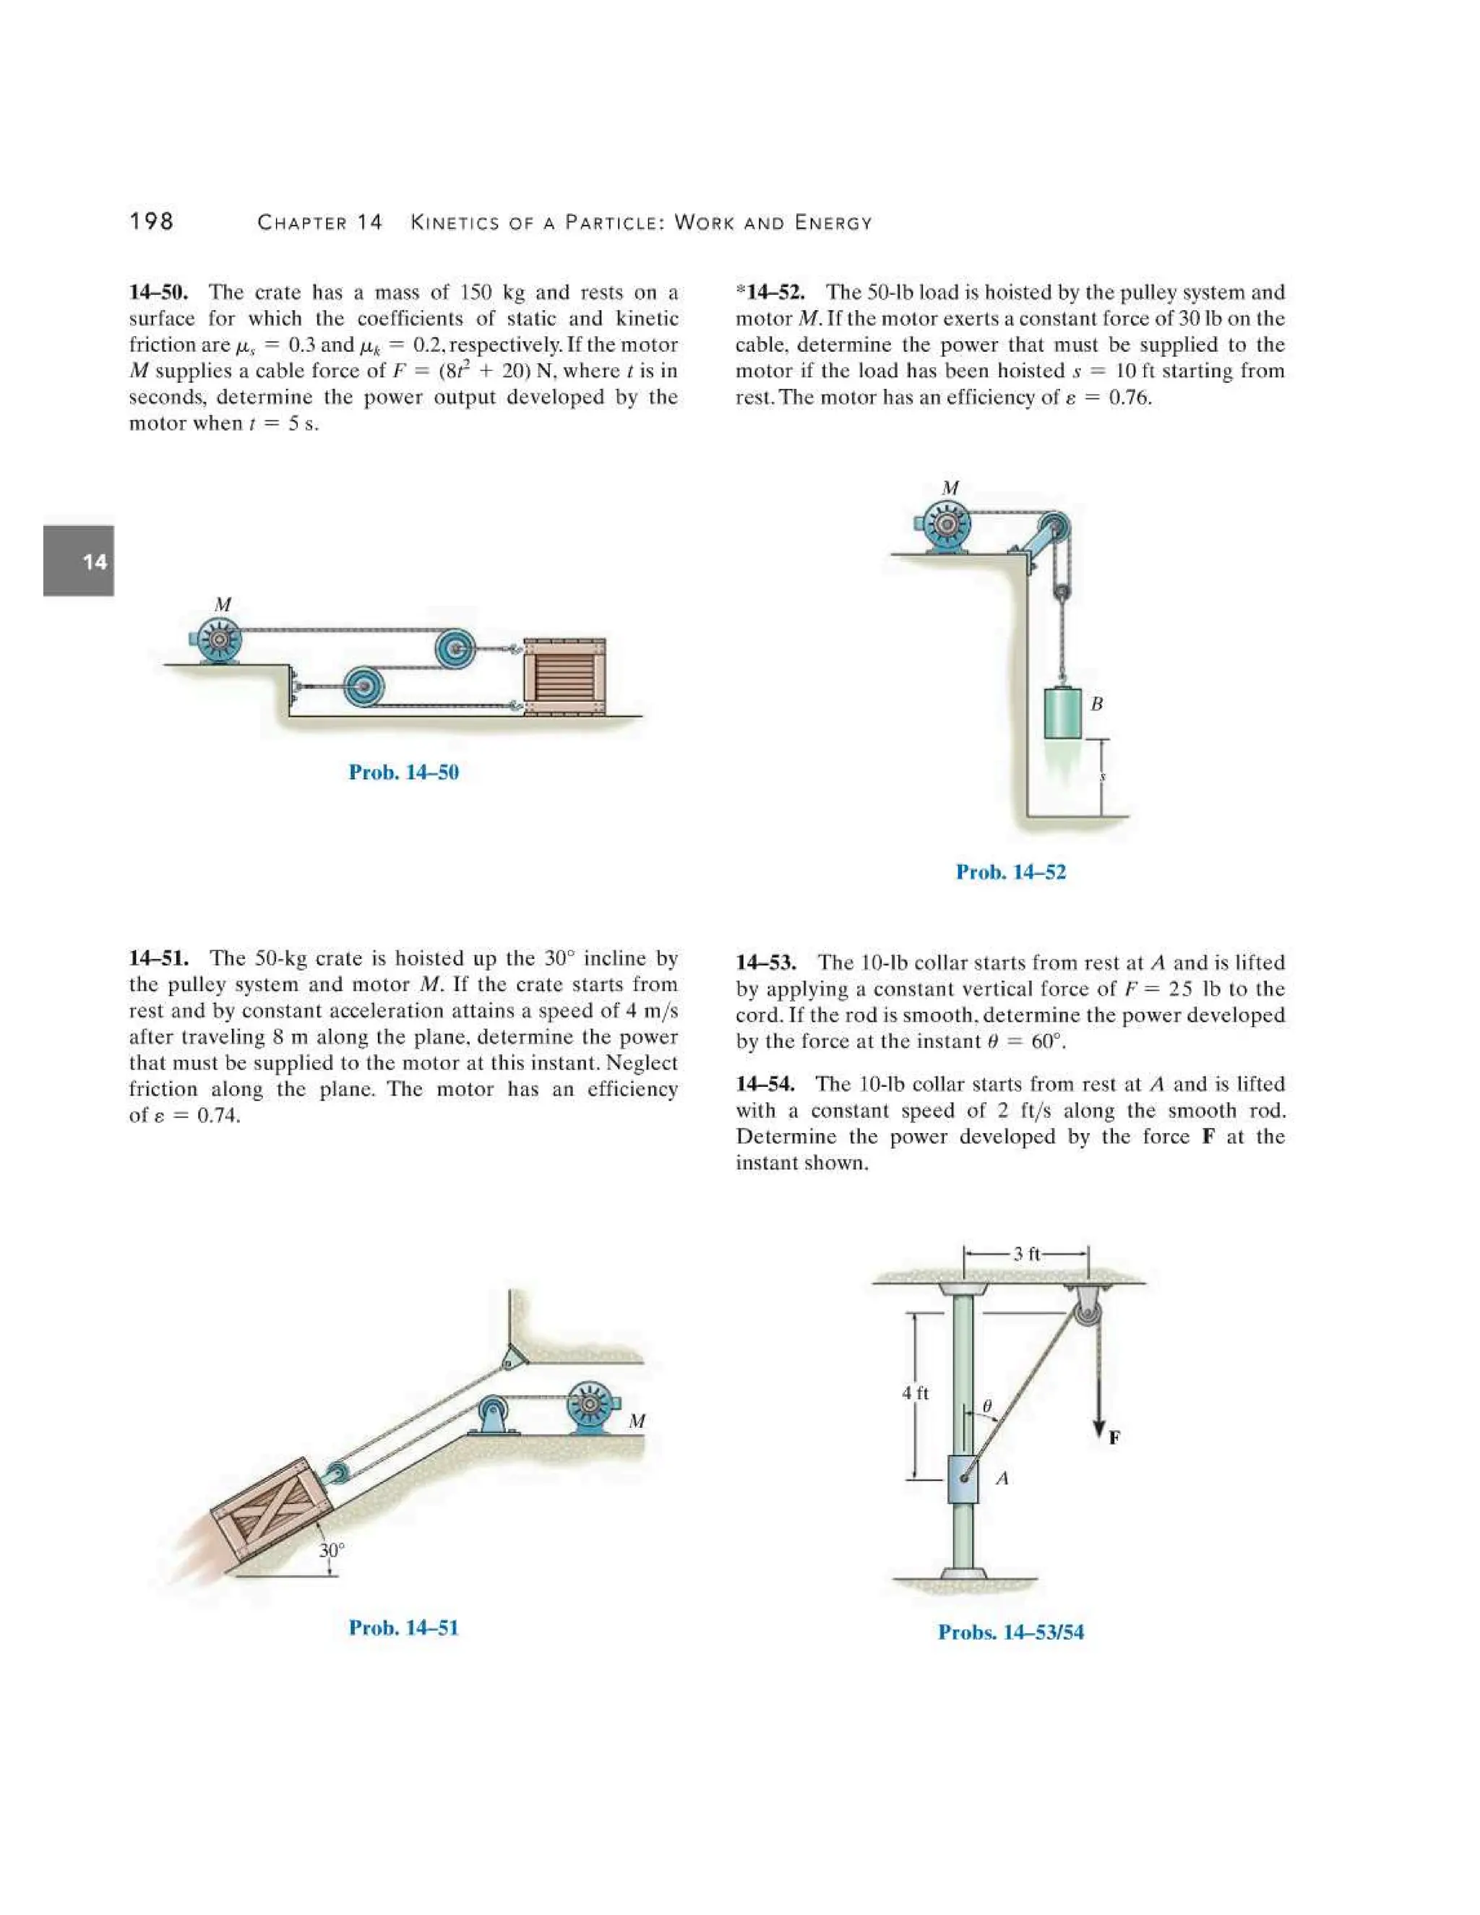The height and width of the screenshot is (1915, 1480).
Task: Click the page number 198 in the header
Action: click(x=151, y=221)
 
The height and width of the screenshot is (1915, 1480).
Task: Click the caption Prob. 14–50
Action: click(x=403, y=772)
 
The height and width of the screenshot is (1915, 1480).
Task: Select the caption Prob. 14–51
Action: click(x=403, y=1627)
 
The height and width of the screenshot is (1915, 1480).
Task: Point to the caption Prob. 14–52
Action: click(x=1010, y=872)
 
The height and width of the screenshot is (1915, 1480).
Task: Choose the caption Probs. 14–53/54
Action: click(x=1010, y=1632)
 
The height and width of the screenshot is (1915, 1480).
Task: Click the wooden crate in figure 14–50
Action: click(x=564, y=676)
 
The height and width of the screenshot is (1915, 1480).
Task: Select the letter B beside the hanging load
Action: click(x=1096, y=703)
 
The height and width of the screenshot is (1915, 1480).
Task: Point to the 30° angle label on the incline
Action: click(x=332, y=1550)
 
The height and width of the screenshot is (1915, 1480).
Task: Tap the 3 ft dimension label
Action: click(x=1026, y=1254)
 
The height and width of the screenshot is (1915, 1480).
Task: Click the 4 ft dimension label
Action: click(x=916, y=1393)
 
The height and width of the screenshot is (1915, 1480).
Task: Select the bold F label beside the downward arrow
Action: click(x=1114, y=1437)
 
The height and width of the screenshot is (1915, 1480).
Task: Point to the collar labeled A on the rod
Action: click(x=963, y=1479)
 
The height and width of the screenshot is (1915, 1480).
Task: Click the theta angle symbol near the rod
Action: click(x=986, y=1406)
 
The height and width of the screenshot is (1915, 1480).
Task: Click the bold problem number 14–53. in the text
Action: click(x=766, y=963)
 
